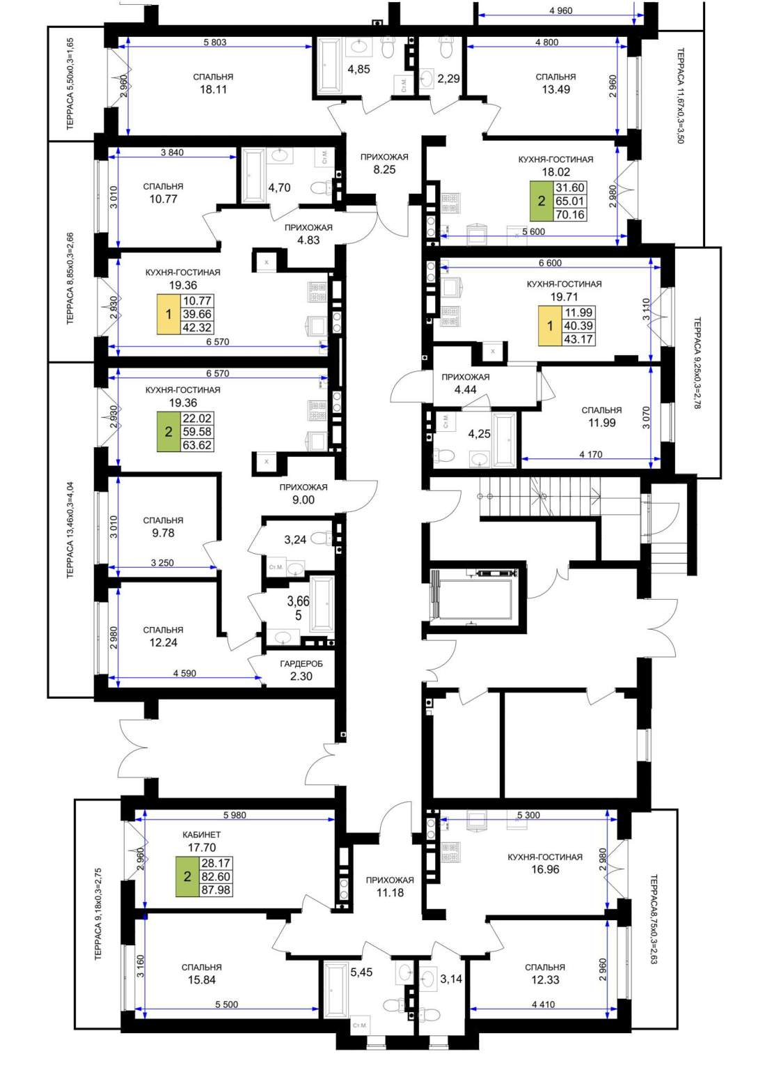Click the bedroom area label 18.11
click(213, 89)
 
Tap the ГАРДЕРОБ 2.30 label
click(301, 669)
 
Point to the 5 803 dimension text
click(215, 42)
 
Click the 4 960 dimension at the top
click(561, 10)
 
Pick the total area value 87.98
click(216, 890)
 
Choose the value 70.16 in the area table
click(570, 215)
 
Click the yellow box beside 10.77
click(168, 314)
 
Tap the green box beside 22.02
click(168, 431)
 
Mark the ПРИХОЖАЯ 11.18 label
click(390, 886)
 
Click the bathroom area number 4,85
click(358, 69)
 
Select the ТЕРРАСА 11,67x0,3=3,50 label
click(681, 95)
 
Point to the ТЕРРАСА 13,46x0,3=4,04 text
click(70, 530)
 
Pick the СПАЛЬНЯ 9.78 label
click(163, 527)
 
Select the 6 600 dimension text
click(550, 263)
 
